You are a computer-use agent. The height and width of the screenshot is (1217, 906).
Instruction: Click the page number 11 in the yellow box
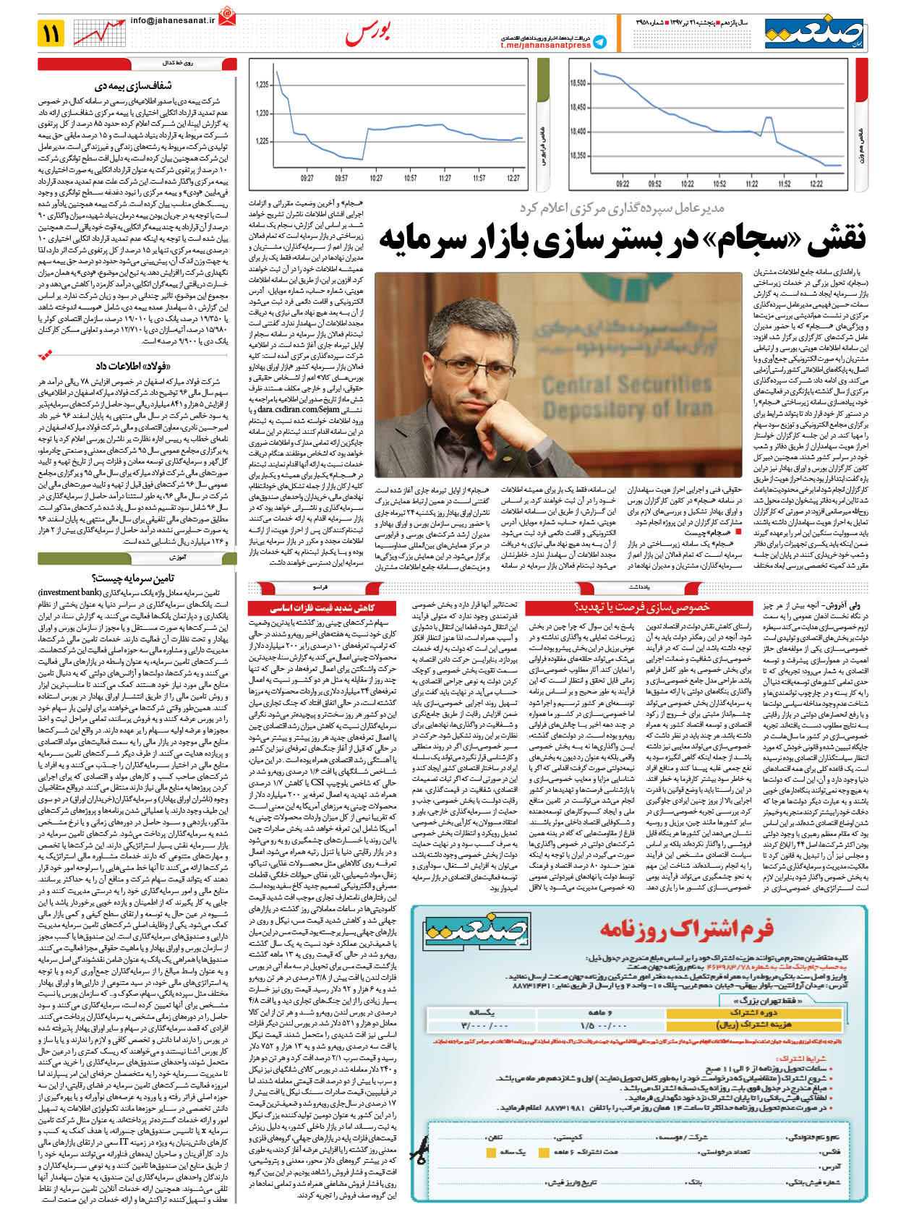click(x=52, y=33)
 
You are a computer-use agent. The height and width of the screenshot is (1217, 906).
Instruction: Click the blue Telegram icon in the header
click(x=599, y=43)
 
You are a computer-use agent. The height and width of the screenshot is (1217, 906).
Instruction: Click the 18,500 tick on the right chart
click(x=578, y=84)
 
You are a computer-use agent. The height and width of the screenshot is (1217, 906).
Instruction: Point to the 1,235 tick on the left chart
click(x=262, y=85)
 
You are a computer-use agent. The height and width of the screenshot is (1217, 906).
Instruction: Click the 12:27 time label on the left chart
click(x=513, y=178)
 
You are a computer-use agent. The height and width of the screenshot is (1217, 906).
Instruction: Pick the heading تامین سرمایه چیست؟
click(x=134, y=577)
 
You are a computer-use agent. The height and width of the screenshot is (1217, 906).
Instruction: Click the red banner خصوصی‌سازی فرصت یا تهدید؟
click(x=641, y=607)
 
